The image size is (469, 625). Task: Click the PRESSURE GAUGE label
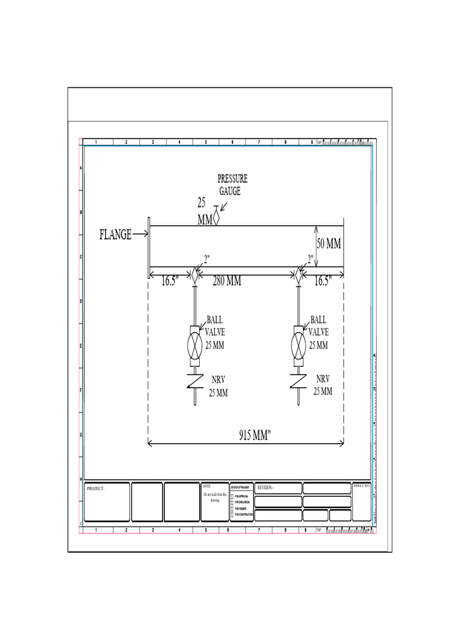pos(233,185)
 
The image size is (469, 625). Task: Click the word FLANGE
pos(115,234)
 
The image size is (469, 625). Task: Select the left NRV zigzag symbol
pos(195,381)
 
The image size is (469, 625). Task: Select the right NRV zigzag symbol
pos(298,381)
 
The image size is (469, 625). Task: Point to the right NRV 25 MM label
pos(322,385)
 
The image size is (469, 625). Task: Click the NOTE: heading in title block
pos(206,486)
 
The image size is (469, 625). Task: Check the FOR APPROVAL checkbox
pos(232,497)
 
